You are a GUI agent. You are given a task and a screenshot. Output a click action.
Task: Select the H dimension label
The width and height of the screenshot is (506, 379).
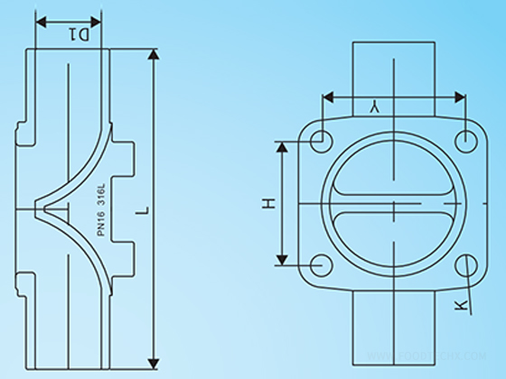point(268,204)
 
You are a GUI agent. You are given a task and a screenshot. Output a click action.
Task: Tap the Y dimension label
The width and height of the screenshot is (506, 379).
point(372,107)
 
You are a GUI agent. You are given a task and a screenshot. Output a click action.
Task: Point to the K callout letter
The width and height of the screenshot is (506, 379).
point(462,305)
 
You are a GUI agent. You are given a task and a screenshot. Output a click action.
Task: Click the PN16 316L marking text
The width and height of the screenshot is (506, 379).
point(102,211)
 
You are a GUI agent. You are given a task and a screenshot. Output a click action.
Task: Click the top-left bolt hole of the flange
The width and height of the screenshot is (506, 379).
point(318,141)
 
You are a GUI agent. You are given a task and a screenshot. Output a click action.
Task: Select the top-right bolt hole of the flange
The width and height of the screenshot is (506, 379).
point(465,141)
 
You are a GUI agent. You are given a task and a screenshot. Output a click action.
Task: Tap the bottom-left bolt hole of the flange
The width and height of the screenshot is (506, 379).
point(318,264)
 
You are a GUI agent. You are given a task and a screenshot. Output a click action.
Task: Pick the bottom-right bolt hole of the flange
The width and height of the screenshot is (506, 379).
point(465,264)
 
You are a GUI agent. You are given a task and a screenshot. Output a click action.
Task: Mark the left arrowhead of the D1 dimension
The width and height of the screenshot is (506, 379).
point(40,21)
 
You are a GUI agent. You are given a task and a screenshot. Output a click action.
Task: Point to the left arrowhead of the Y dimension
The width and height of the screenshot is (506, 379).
point(328,95)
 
